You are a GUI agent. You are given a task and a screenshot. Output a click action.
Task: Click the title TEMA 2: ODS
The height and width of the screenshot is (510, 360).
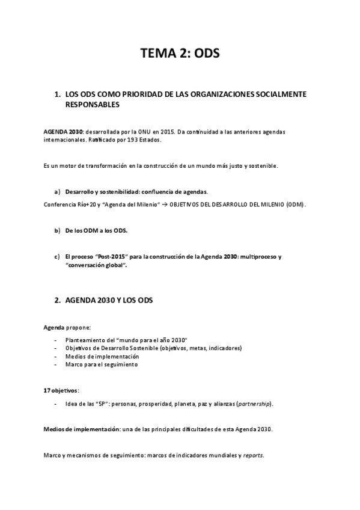[180, 55]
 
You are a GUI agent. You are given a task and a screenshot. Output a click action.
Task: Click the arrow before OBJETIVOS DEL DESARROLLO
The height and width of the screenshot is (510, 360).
[165, 204]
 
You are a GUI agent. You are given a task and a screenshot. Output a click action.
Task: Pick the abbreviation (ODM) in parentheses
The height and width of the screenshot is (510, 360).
[295, 204]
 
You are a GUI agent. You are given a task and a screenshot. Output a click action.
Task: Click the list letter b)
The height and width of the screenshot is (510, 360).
[58, 230]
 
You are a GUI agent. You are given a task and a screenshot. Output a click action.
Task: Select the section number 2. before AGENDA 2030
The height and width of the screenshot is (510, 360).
[58, 300]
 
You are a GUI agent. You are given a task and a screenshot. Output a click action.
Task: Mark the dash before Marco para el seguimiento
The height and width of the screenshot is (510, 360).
[56, 364]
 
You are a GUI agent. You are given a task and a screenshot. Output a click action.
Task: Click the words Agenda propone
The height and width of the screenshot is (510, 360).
[67, 327]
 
